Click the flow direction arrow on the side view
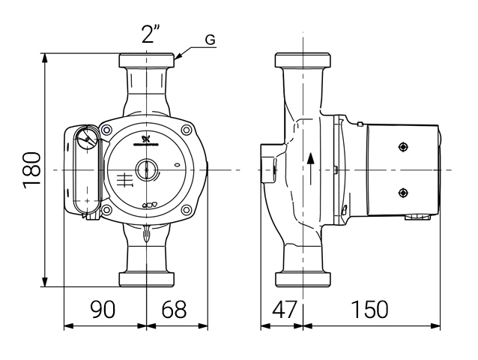pyautogui.click(x=309, y=169)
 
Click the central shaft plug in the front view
pyautogui.click(x=147, y=170)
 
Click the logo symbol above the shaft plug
pyautogui.click(x=147, y=136)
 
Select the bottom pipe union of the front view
pyautogui.click(x=147, y=280)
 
